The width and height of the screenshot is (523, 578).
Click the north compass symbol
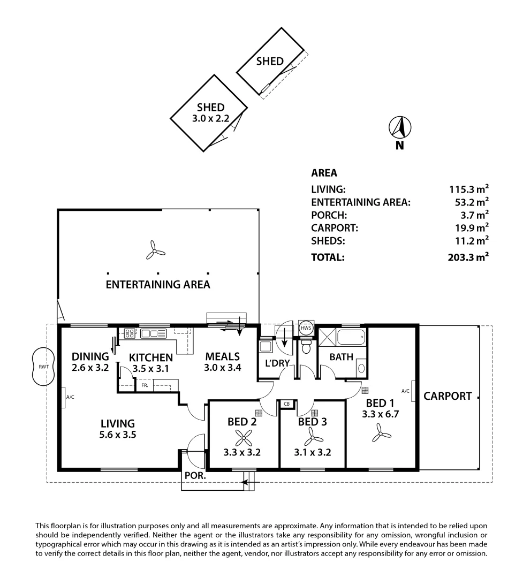pos(399,127)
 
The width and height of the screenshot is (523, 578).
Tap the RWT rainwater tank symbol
pos(42,367)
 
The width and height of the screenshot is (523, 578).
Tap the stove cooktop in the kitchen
pos(129,333)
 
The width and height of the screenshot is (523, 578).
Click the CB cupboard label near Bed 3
pos(287,404)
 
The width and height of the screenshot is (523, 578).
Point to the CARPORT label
pos(448,397)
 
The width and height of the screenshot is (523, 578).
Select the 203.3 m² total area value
pos(468,257)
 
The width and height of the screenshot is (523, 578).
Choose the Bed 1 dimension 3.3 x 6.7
pos(381,414)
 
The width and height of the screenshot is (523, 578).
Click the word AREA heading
pos(324,173)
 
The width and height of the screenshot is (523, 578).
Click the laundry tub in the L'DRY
pos(265,347)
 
